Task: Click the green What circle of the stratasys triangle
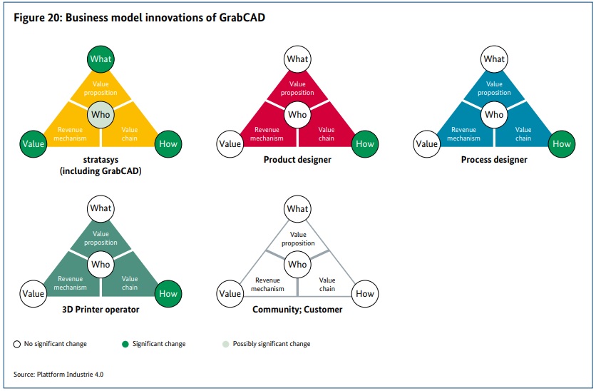101,59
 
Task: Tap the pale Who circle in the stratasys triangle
101,114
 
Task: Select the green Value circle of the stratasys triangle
34,144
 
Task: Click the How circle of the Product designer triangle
365,144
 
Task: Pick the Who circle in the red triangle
297,114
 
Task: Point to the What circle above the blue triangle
494,59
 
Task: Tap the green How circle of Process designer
561,144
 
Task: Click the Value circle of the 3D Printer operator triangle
34,294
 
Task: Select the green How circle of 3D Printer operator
168,294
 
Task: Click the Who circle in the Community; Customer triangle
297,264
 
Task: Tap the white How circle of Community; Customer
365,294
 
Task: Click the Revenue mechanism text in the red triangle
267,134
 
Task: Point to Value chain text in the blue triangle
523,134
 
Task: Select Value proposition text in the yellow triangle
101,88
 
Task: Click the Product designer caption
297,160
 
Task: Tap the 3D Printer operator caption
101,310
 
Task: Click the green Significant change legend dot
125,344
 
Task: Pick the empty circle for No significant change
16,344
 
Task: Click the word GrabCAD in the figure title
242,18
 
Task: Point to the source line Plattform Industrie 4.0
58,375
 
